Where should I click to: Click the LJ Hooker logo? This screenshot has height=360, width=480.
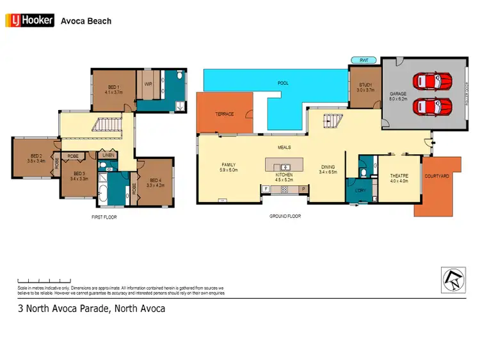29,21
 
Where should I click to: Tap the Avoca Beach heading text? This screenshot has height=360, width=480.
86,21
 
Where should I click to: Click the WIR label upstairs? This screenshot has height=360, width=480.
148,84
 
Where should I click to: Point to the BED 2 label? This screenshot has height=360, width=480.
36,158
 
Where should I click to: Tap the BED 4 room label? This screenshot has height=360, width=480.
156,182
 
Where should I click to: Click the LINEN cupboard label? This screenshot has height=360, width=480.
108,155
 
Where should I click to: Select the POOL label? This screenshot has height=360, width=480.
283,83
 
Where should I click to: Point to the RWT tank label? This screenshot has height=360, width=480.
364,60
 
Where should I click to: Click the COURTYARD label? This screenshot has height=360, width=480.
436,176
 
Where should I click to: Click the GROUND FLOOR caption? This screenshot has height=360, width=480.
285,216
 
